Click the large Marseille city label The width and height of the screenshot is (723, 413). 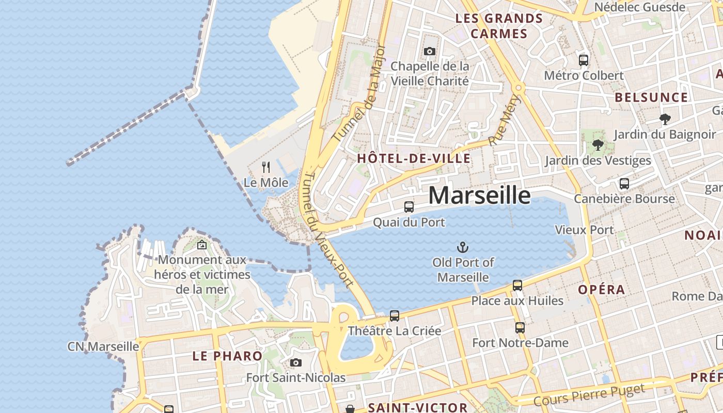pos(479,196)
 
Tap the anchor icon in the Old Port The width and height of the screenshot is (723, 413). pos(463,247)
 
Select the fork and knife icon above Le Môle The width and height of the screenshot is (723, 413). pos(266,167)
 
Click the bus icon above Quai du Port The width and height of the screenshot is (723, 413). pos(409,207)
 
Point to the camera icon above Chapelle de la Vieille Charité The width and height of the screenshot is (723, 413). pos(430,51)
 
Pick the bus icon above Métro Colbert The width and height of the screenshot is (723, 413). pos(584,60)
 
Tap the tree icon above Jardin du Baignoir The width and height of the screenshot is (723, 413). pos(665,119)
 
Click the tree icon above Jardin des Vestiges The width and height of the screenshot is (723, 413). pos(598,145)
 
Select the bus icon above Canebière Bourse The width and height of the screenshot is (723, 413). pos(624,183)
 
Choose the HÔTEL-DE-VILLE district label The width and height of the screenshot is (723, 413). pos(414,158)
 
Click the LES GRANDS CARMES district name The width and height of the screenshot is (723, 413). pos(499,26)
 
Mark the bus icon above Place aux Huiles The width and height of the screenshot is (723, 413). pos(517,285)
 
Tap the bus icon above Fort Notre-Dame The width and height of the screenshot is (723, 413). pos(520,327)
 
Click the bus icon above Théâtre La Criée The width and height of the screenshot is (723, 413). pos(395,315)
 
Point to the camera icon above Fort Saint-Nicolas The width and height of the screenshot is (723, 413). pos(296,362)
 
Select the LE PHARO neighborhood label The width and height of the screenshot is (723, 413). pos(227,356)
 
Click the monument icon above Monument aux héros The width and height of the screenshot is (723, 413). pos(202,245)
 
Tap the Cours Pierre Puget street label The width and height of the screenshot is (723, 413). pos(589,395)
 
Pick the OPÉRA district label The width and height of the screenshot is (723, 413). pos(602,290)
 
